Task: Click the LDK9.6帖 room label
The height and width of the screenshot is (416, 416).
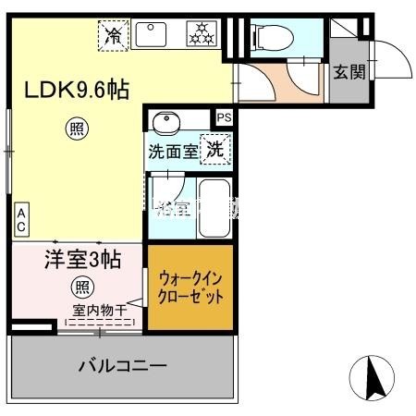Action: click(76, 92)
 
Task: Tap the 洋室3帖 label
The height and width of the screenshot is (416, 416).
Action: click(82, 261)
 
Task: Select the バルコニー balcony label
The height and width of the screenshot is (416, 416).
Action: click(122, 366)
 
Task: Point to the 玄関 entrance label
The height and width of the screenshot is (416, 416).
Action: click(348, 72)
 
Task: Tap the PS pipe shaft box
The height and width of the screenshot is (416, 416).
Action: click(225, 118)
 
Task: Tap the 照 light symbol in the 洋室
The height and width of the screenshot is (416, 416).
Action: click(82, 287)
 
